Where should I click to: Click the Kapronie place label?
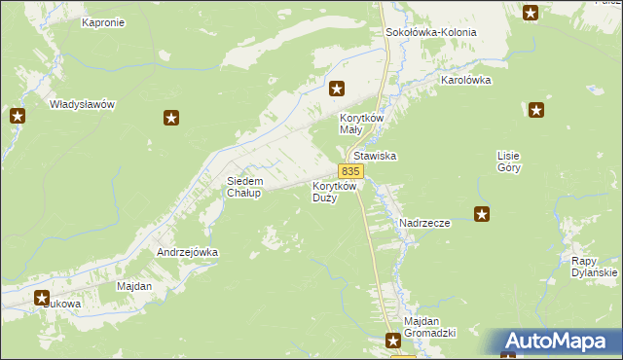[103, 22]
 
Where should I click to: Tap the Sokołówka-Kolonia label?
[431, 32]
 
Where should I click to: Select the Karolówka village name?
[466, 81]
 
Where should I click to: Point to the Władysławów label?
[83, 104]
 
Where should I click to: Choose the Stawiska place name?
[377, 156]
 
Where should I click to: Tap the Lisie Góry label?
[509, 162]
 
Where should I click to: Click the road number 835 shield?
[351, 171]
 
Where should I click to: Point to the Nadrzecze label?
[424, 223]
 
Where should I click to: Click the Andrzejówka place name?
[188, 252]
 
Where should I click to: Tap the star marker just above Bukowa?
[43, 299]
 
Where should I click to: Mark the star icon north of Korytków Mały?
[337, 89]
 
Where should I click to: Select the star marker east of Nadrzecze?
[481, 214]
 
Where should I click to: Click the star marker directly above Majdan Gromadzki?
[392, 341]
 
